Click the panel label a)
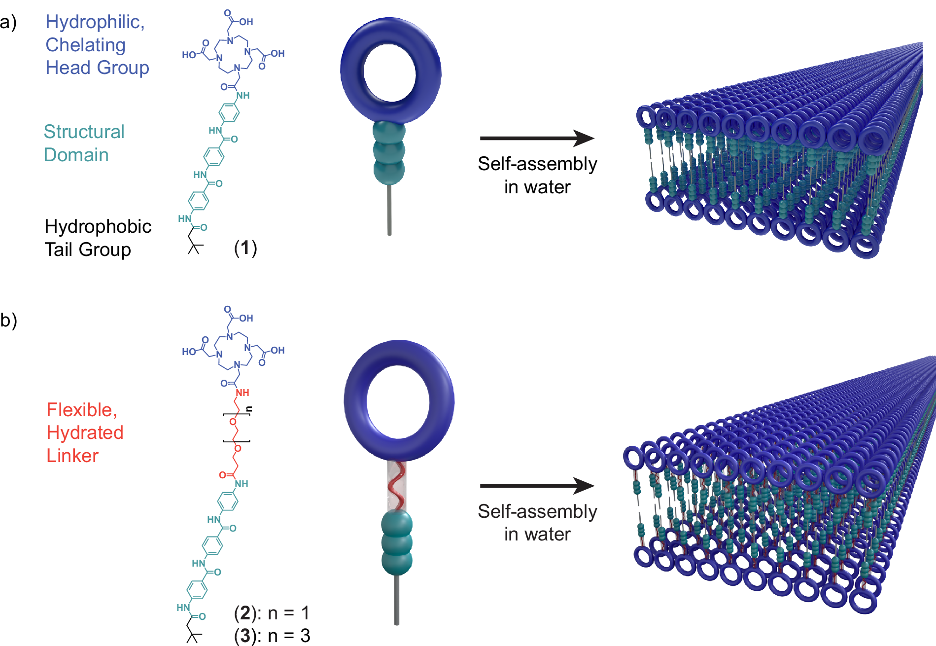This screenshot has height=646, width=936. coord(8,23)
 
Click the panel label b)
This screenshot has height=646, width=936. coord(8,321)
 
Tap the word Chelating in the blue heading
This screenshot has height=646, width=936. coord(85,45)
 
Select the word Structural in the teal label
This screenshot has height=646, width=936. coord(84,132)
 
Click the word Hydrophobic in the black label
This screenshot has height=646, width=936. coord(98,226)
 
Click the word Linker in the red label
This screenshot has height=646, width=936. coord(72,456)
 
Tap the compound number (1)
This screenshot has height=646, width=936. coord(245,248)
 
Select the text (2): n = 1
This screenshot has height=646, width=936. coord(272,613)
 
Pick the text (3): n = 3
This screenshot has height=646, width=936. coord(272,636)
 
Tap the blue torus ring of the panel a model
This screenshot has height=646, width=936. coord(352,74)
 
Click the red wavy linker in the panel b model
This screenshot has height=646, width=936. coord(397,486)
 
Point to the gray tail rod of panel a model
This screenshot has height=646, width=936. coord(389,210)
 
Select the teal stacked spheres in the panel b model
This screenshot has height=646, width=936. coord(397,542)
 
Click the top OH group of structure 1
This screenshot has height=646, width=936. coord(246,22)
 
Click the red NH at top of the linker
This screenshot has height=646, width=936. coord(243,393)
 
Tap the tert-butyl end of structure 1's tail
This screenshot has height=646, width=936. coord(195,247)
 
